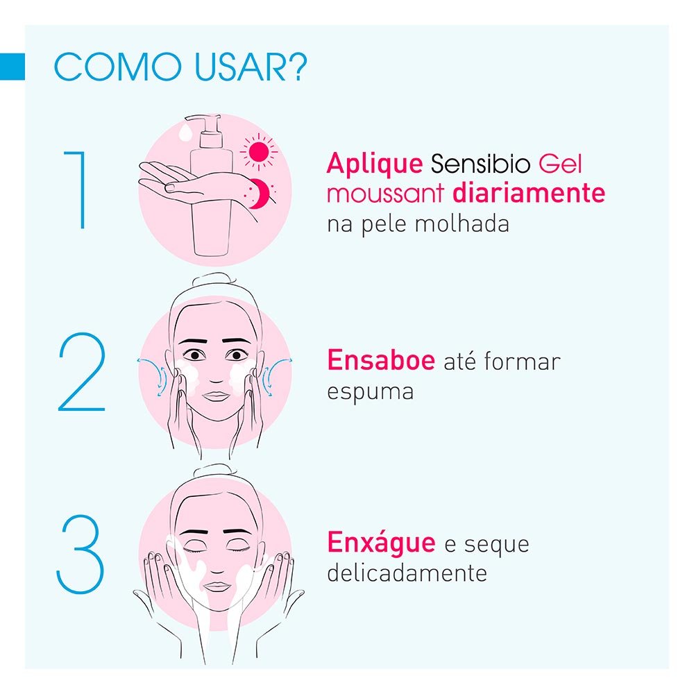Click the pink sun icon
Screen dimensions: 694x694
pyautogui.click(x=259, y=151)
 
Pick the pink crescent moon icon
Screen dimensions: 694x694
pyautogui.click(x=258, y=194)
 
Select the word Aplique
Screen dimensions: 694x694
pyautogui.click(x=374, y=164)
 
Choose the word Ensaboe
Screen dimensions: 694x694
pyautogui.click(x=380, y=361)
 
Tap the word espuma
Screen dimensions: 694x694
pyautogui.click(x=370, y=391)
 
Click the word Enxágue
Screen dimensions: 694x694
pyautogui.click(x=381, y=543)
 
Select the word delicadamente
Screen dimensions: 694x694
pyautogui.click(x=406, y=573)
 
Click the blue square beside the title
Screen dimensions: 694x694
pyautogui.click(x=12, y=66)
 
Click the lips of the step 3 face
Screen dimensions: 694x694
pyautogui.click(x=217, y=585)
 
